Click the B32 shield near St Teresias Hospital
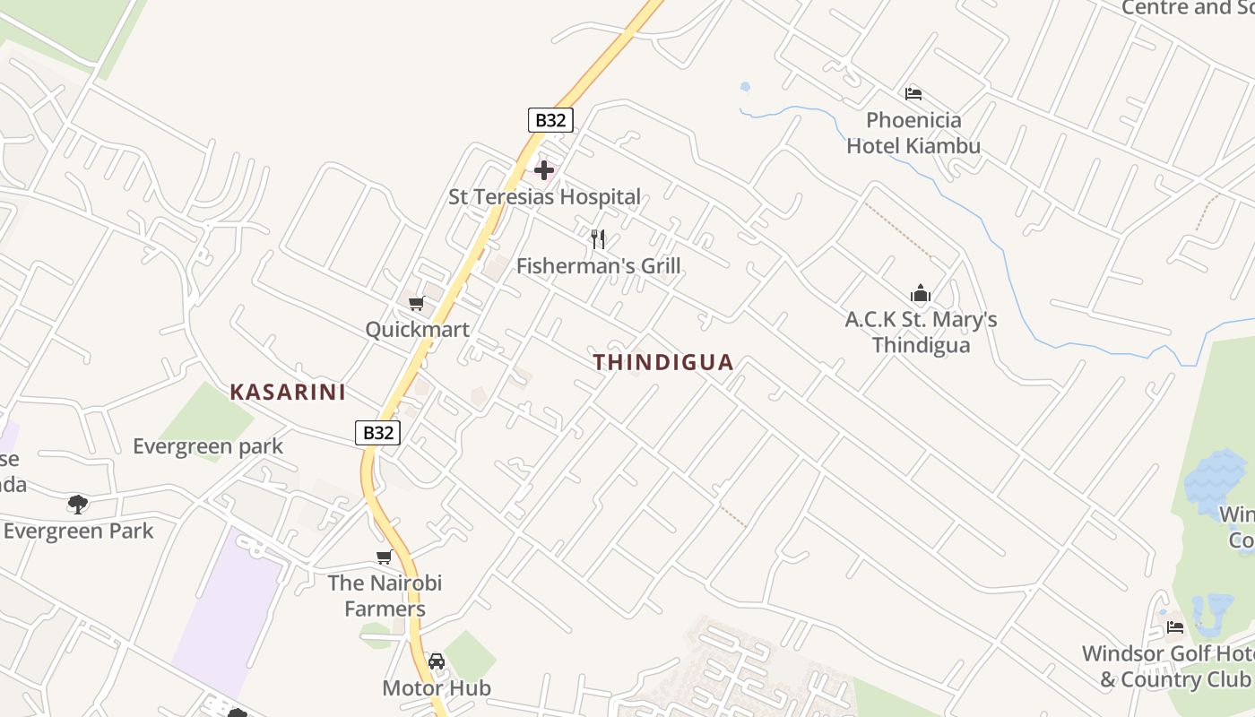tap(550, 120)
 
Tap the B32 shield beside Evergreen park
tap(377, 433)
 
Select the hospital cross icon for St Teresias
tap(543, 170)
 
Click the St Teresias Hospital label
tap(544, 197)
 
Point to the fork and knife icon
tap(598, 238)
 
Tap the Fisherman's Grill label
tap(598, 266)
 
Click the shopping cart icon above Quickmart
tap(416, 304)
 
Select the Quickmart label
tap(417, 330)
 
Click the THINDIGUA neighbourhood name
tap(663, 362)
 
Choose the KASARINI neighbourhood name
tap(288, 392)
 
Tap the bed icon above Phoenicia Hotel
tap(913, 93)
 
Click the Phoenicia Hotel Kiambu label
tap(913, 133)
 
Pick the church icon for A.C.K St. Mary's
tap(921, 293)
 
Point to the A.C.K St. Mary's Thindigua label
tap(921, 333)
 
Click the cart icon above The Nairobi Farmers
tap(385, 557)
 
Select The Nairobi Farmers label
tap(385, 596)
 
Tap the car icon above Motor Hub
tap(437, 661)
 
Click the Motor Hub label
tap(437, 688)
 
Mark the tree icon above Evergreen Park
tap(78, 504)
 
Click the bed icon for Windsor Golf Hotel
tap(1175, 626)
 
